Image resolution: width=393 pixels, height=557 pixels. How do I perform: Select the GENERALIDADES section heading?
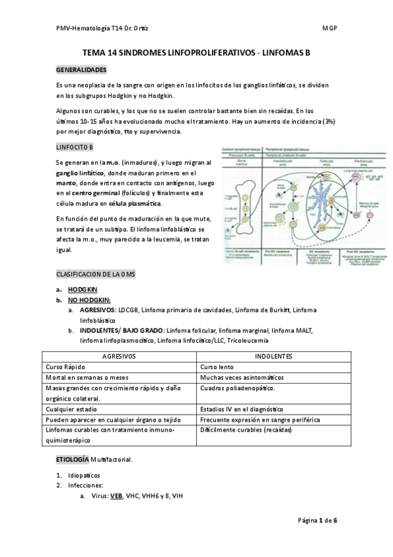click(81, 70)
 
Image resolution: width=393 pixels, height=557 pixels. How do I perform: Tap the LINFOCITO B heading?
click(75, 146)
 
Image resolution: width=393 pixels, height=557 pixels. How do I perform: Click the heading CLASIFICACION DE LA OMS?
click(95, 273)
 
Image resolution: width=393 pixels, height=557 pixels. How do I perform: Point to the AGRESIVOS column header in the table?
click(119, 355)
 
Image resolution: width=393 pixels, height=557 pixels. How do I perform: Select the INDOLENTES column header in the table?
click(274, 355)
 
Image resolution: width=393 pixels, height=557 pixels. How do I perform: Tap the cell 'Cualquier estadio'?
click(73, 409)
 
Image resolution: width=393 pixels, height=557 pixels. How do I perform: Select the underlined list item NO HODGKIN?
click(92, 300)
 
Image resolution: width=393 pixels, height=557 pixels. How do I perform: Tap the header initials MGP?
click(329, 28)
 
